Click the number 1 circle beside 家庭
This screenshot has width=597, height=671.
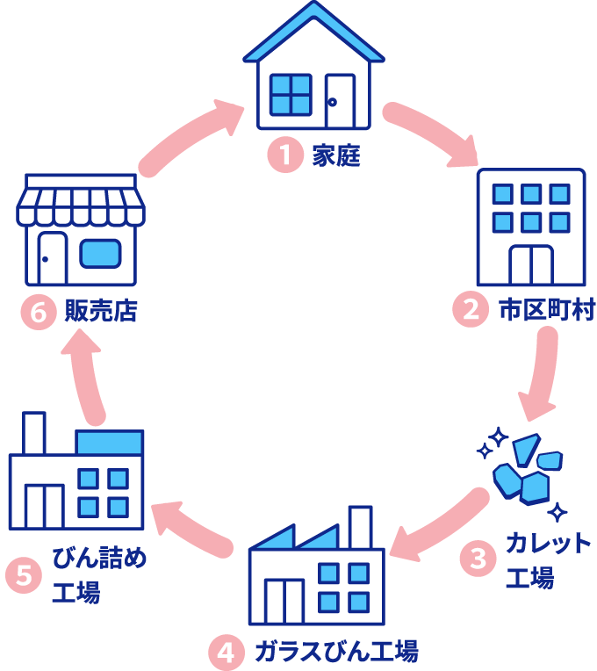tap(284, 156)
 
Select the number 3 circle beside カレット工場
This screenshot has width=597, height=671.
tap(478, 558)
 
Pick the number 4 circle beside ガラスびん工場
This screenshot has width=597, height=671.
tap(226, 653)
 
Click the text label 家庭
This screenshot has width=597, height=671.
tap(336, 156)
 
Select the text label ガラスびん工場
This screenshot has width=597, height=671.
tap(335, 653)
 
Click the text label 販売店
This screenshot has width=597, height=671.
tap(101, 312)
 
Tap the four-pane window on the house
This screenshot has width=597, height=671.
tap(291, 94)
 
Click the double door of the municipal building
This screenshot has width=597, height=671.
tap(530, 264)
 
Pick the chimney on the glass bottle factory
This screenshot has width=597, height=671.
tap(361, 525)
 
